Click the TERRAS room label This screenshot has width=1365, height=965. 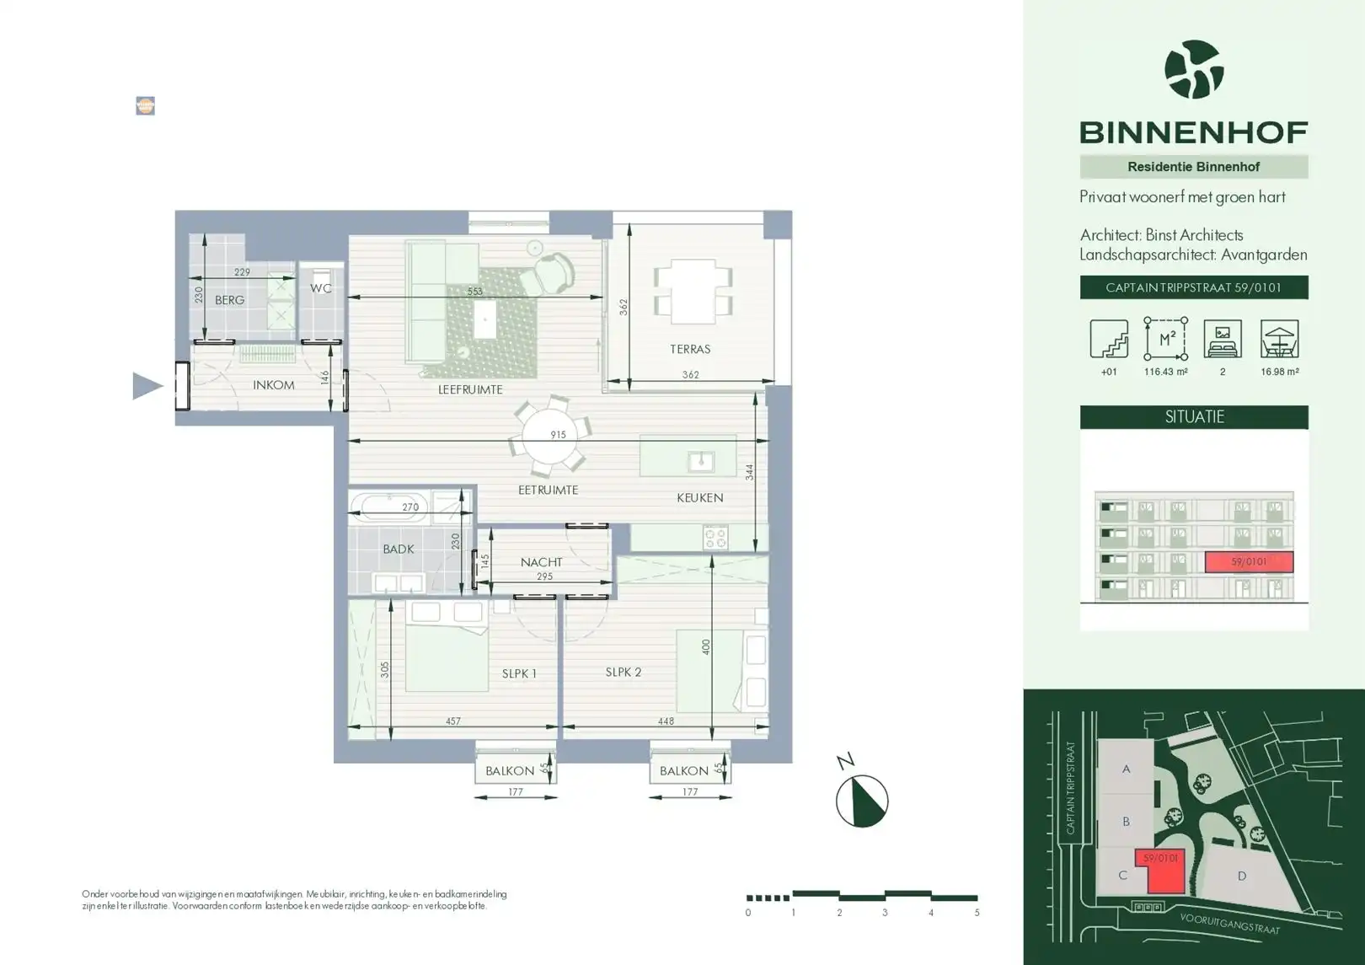(x=690, y=349)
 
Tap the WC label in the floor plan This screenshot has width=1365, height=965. (x=321, y=288)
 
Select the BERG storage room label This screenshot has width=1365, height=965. (x=230, y=300)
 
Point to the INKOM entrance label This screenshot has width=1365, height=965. (x=274, y=385)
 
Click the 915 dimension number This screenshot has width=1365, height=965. (x=558, y=435)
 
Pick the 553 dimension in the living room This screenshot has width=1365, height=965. (x=474, y=292)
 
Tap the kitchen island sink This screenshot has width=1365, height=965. (x=701, y=462)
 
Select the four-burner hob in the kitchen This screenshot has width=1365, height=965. (x=715, y=538)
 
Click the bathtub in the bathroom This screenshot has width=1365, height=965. (x=388, y=506)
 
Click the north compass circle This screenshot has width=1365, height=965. (x=862, y=801)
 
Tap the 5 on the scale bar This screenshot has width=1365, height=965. (x=977, y=913)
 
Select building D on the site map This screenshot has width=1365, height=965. (x=1241, y=876)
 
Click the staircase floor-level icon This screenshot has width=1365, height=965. (x=1109, y=339)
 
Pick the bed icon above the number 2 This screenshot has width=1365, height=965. (x=1223, y=339)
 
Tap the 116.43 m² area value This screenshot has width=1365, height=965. (x=1166, y=372)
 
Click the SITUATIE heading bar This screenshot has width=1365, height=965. (x=1194, y=417)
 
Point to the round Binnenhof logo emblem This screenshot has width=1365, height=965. (x=1194, y=69)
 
